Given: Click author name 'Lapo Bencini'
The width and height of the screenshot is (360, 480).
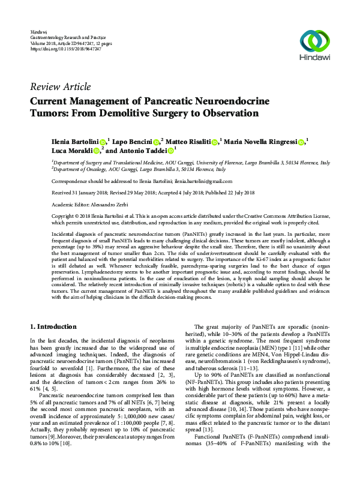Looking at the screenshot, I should pos(133,142).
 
